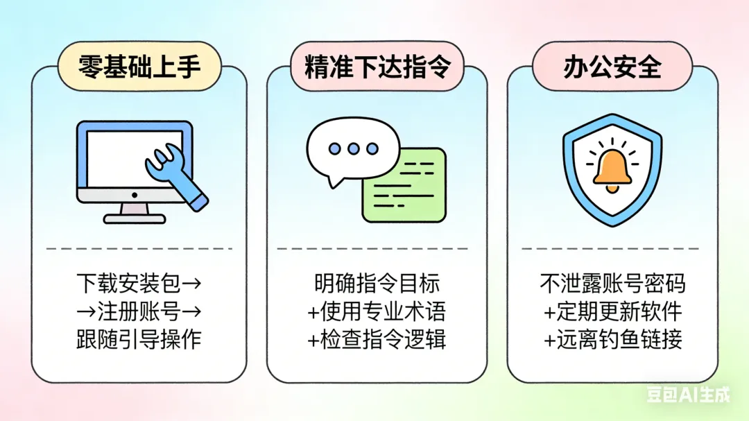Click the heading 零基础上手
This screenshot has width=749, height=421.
139,68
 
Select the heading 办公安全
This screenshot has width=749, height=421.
612,68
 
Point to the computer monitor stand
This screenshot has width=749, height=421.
135,213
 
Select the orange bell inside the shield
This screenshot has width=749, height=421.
612,170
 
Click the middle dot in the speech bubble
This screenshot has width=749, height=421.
354,148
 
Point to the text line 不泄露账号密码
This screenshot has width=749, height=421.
612,284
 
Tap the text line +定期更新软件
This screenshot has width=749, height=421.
612,312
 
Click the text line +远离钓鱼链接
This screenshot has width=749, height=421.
612,340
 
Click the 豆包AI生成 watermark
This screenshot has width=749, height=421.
688,395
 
